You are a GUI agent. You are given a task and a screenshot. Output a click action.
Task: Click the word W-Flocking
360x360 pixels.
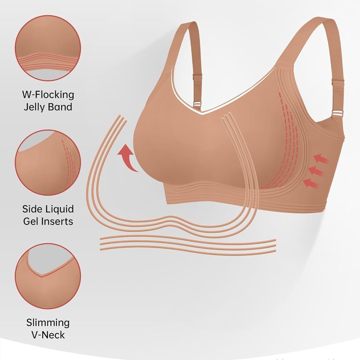[x=48, y=95]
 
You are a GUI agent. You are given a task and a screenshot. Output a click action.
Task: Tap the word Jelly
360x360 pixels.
[x=35, y=107]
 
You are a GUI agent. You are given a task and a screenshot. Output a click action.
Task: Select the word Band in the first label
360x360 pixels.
[x=60, y=107]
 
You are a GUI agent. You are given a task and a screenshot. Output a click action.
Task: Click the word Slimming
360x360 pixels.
[x=48, y=322]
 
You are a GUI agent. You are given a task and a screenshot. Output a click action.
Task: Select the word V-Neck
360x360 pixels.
[x=48, y=335]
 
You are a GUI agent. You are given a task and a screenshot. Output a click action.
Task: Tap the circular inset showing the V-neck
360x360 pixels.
[x=48, y=276]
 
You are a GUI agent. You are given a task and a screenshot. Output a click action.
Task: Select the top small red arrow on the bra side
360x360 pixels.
[x=321, y=159]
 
